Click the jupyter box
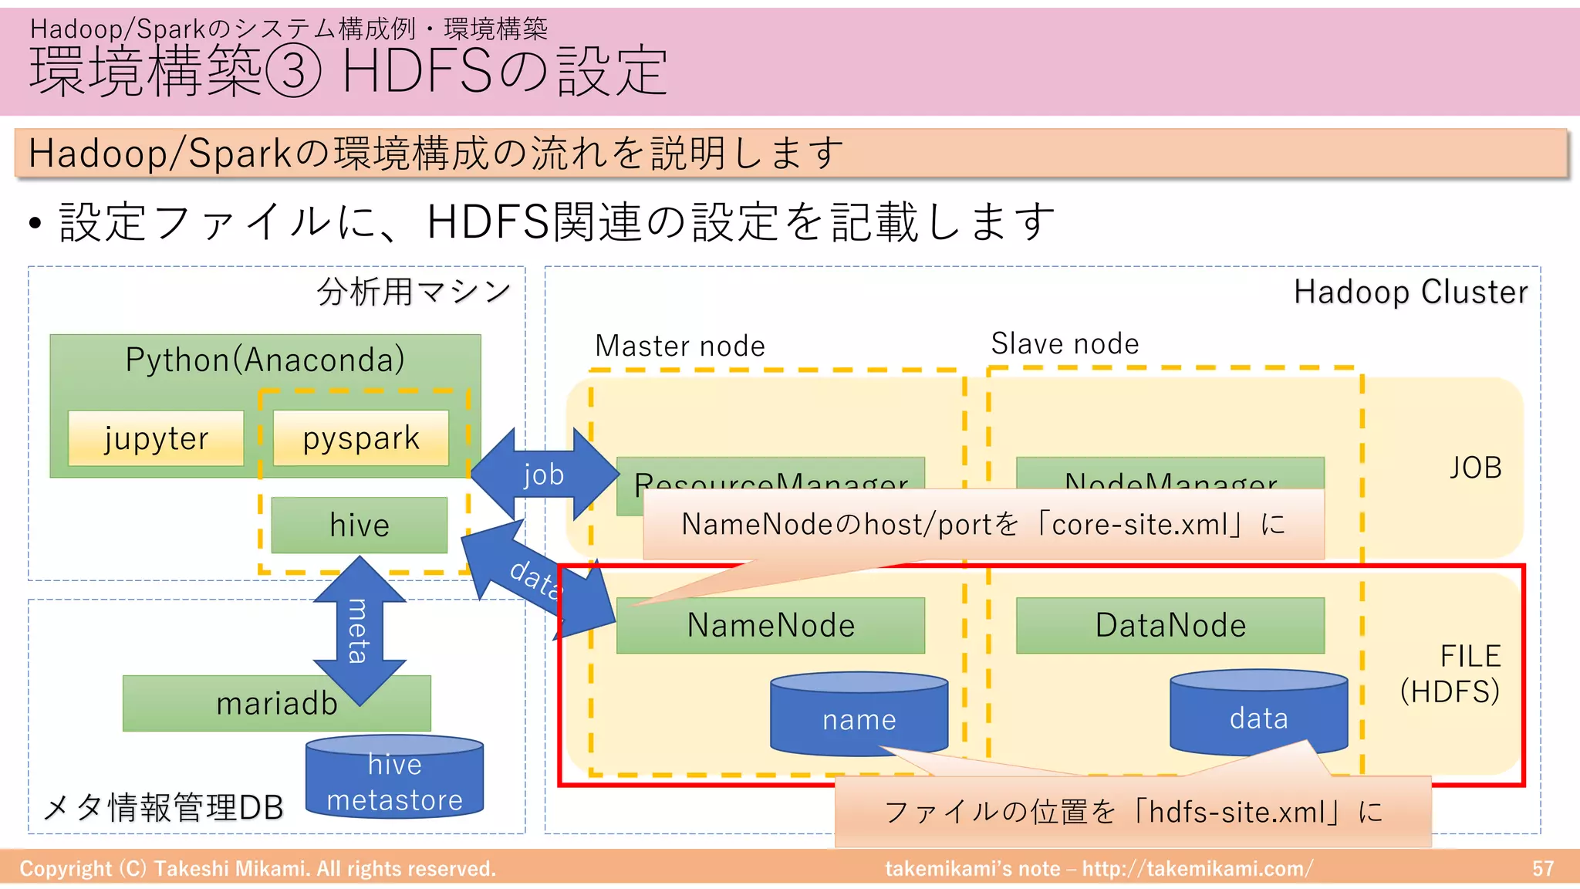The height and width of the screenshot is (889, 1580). (156, 438)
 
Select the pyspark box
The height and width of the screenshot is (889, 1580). (361, 438)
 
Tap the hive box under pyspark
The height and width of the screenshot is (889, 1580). (360, 526)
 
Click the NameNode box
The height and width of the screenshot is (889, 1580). (771, 626)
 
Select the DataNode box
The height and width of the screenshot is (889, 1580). (1170, 626)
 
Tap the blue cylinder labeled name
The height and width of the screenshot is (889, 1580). (859, 718)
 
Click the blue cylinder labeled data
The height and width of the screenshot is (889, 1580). (1258, 716)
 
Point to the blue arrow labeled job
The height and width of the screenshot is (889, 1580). (544, 474)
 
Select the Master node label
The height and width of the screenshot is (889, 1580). (680, 346)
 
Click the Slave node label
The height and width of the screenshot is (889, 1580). (1065, 343)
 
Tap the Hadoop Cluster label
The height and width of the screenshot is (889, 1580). (1410, 292)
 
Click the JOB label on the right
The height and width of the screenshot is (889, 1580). (1475, 468)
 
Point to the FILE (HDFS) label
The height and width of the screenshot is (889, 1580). (1450, 674)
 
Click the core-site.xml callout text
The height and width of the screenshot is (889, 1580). (983, 525)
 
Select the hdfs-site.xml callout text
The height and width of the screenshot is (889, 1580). (1133, 812)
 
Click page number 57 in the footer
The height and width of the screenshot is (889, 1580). (1542, 869)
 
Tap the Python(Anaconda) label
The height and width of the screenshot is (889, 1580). (265, 360)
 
